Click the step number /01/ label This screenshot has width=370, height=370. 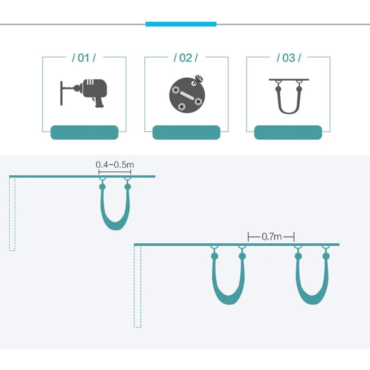coord(84,58)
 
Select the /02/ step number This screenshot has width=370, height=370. coord(185,58)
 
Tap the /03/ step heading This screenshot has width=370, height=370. coord(289,58)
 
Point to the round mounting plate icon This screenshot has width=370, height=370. coord(186,95)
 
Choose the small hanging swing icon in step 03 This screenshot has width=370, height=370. coord(288,95)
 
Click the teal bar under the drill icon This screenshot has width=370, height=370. coord(84,132)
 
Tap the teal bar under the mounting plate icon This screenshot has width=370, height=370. coord(186,132)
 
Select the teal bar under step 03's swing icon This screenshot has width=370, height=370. coord(288,132)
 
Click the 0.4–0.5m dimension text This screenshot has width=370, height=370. coord(115,164)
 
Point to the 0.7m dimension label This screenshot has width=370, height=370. coord(271,237)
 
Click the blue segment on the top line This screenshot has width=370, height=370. coord(181,24)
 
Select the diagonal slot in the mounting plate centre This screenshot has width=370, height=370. coord(186,96)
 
